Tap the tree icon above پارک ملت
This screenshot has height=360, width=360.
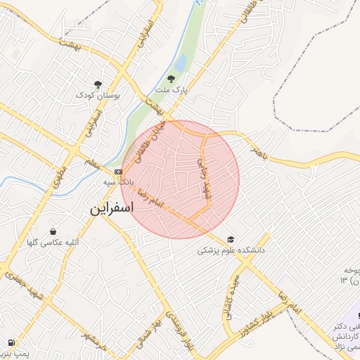click(172, 79)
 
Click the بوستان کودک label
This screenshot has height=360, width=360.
click(98, 95)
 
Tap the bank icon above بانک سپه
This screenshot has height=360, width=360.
click(117, 171)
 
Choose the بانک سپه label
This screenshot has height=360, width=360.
click(117, 182)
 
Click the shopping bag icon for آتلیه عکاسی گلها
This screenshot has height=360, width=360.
click(53, 231)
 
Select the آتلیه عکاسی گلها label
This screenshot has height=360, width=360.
click(53, 243)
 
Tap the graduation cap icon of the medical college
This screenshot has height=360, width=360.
click(231, 238)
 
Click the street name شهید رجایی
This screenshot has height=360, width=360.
click(204, 176)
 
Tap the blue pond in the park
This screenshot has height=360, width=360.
click(180, 64)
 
